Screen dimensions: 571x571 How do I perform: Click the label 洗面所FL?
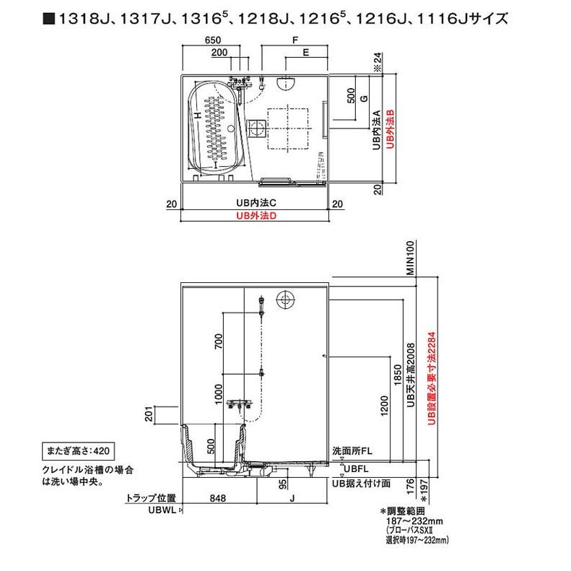[352, 451]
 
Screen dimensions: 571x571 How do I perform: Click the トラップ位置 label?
[150, 498]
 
